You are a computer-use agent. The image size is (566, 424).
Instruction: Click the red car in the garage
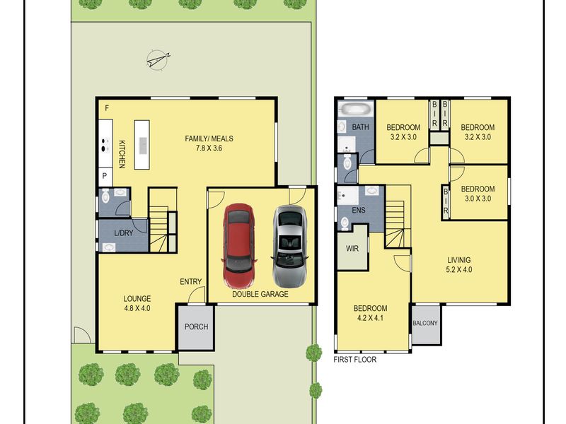point(238,246)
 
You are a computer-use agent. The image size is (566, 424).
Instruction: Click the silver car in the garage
point(290,247)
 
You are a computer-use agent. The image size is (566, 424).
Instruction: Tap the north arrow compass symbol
point(158,59)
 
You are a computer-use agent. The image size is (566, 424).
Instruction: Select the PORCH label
point(197,326)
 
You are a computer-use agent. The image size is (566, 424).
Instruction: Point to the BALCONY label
point(425,323)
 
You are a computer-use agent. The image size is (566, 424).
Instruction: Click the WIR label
point(352,249)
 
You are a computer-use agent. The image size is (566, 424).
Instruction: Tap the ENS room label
point(359,210)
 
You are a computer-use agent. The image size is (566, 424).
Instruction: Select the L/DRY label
point(123,233)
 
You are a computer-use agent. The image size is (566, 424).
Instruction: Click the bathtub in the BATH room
point(355,109)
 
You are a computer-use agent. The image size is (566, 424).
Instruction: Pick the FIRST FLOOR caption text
point(355,360)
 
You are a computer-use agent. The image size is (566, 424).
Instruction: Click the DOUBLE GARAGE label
point(260,294)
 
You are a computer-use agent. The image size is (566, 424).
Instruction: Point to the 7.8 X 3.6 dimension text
point(209,148)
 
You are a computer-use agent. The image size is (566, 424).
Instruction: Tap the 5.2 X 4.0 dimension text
point(459,269)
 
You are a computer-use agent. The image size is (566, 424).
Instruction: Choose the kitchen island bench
point(142,145)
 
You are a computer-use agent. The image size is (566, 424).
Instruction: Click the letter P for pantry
point(105,176)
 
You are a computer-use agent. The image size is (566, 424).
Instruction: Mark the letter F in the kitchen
point(107,108)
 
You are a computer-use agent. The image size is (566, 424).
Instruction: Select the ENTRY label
point(190,281)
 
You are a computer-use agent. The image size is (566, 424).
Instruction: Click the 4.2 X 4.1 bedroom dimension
point(370,318)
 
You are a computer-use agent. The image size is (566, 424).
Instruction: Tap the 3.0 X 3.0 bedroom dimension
point(478,199)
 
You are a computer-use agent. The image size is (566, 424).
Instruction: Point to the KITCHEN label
point(122,154)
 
